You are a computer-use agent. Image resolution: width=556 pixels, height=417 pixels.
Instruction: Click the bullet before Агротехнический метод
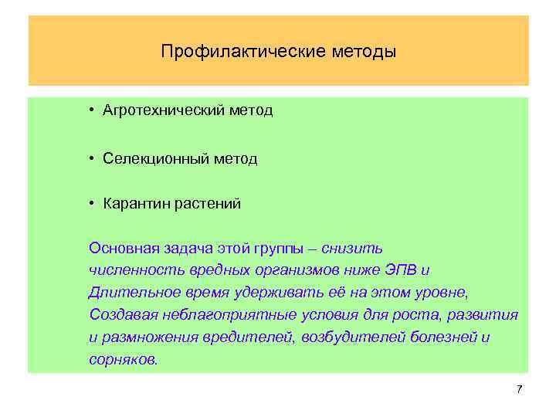point(91,110)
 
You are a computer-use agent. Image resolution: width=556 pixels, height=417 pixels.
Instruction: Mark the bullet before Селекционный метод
point(91,158)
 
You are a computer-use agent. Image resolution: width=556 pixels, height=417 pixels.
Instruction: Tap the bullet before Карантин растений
point(91,204)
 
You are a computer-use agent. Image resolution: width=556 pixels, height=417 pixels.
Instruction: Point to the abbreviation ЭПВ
point(406,270)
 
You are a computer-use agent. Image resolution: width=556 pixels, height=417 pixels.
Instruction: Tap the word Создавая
point(122,315)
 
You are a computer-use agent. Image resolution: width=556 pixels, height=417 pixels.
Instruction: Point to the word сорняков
point(123,360)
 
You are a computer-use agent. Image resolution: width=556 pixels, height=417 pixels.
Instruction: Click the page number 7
point(519,388)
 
